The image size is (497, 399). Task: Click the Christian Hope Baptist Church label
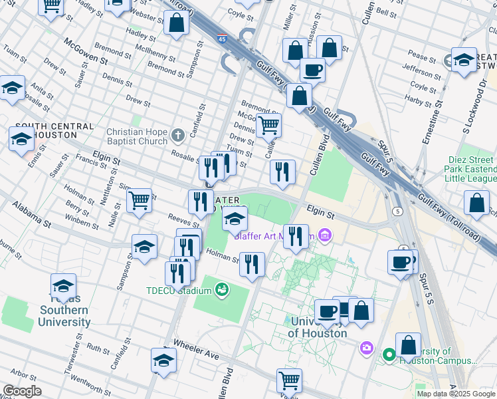tap(137, 136)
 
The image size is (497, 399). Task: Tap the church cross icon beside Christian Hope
tap(177, 136)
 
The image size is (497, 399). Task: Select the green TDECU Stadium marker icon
tap(222, 290)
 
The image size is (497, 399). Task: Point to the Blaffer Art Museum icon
tap(325, 235)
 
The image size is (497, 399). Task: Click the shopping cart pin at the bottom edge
tap(289, 380)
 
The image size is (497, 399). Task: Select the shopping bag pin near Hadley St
tap(175, 23)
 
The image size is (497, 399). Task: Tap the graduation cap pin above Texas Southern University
tap(63, 285)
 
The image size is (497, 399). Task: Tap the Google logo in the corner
tap(22, 391)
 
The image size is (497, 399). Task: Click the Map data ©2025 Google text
tap(456, 394)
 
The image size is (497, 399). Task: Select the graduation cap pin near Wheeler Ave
tap(163, 360)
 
